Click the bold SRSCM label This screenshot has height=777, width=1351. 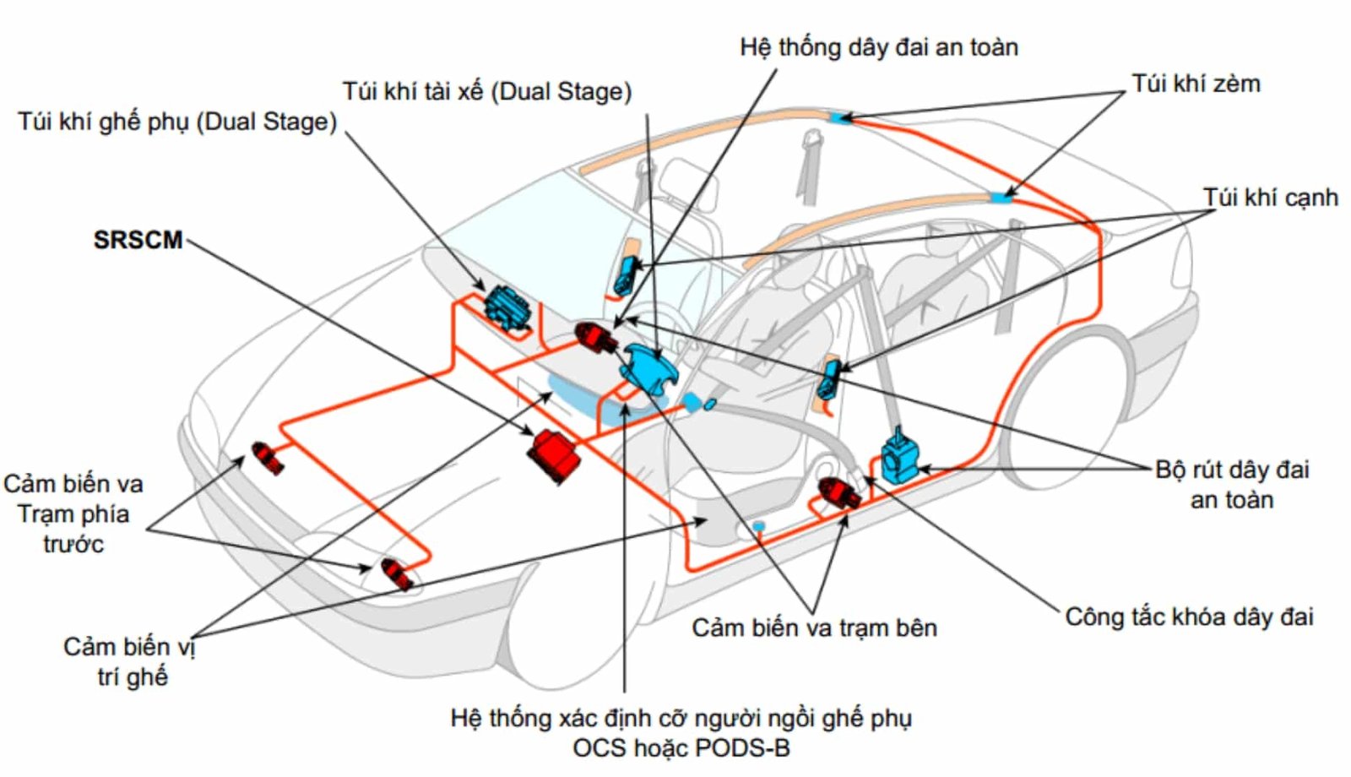pyautogui.click(x=138, y=240)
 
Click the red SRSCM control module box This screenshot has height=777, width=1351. pyautogui.click(x=553, y=456)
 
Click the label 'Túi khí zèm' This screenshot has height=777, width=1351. pyautogui.click(x=1196, y=84)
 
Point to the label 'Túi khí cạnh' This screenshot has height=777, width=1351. pyautogui.click(x=1270, y=198)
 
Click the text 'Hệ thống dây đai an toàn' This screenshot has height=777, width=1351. pyautogui.click(x=878, y=47)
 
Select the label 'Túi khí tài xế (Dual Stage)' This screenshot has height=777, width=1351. pyautogui.click(x=486, y=91)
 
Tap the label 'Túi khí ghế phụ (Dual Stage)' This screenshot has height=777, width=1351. pyautogui.click(x=177, y=122)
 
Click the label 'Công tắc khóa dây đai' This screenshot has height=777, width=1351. pyautogui.click(x=1189, y=617)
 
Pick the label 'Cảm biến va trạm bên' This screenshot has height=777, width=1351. pyautogui.click(x=814, y=628)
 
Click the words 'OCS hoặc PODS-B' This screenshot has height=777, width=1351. pyautogui.click(x=681, y=748)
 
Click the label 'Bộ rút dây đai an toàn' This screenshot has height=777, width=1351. pyautogui.click(x=1232, y=484)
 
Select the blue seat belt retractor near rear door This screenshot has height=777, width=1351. pyautogui.click(x=898, y=456)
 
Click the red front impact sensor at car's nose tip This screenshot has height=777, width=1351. pyautogui.click(x=397, y=574)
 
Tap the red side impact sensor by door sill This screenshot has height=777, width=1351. pyautogui.click(x=838, y=492)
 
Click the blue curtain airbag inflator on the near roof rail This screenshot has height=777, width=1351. pyautogui.click(x=1001, y=198)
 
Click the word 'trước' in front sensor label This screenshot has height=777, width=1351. pyautogui.click(x=73, y=544)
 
